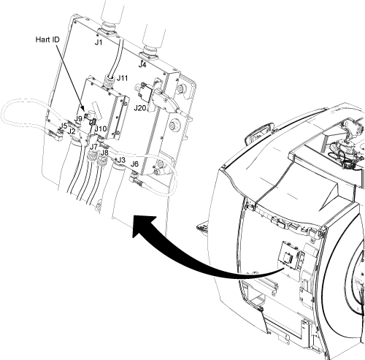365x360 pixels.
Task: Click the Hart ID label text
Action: (x=47, y=39)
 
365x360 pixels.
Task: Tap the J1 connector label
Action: (x=99, y=42)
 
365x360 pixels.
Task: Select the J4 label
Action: (x=142, y=65)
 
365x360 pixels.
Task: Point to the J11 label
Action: (x=122, y=78)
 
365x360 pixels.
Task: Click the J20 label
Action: (x=140, y=107)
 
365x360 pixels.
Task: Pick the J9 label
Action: (x=78, y=119)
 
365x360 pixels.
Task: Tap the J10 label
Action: (x=101, y=129)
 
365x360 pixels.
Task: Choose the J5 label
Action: (x=63, y=126)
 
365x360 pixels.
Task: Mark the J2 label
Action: (x=72, y=131)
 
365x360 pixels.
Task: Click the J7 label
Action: (x=93, y=147)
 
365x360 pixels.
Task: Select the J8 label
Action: (x=104, y=153)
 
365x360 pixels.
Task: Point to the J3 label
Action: (x=121, y=160)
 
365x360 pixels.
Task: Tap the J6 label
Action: (x=134, y=164)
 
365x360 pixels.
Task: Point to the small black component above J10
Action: (x=93, y=122)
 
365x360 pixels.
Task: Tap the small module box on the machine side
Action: (x=292, y=256)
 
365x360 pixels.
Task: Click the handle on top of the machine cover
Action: (x=259, y=132)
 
